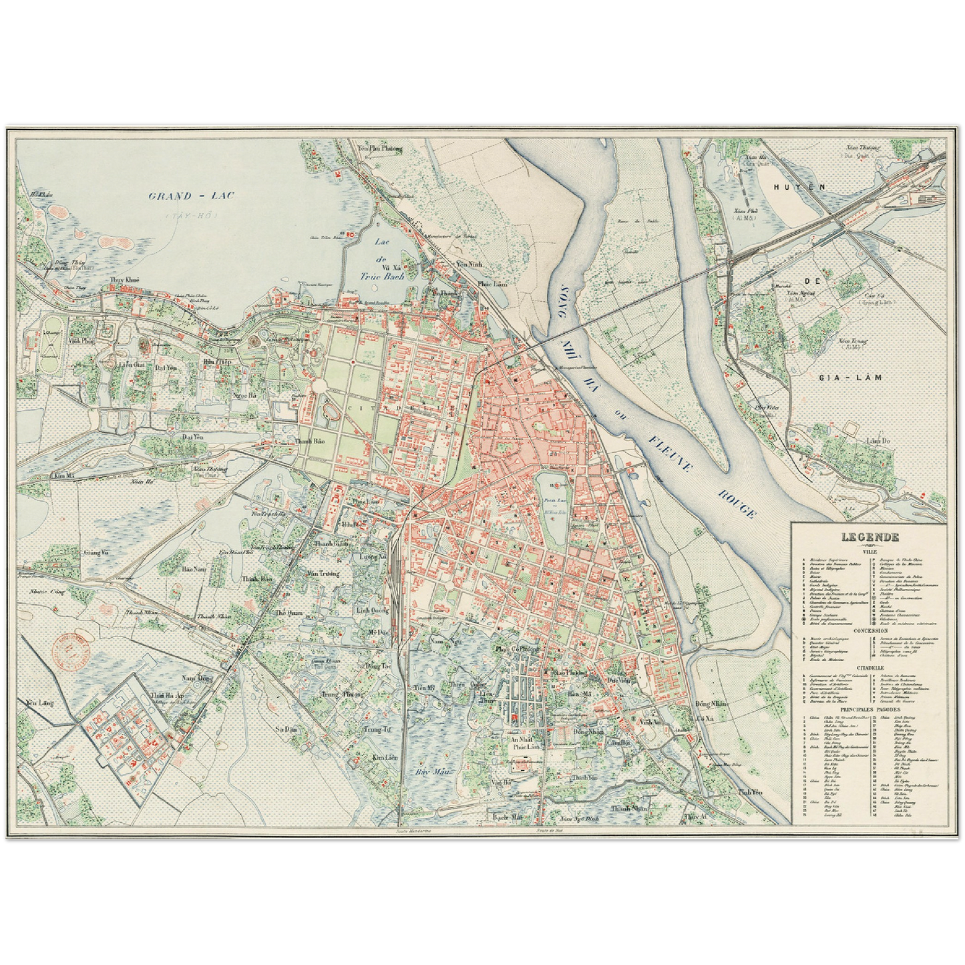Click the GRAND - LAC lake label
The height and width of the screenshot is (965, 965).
coord(187,196)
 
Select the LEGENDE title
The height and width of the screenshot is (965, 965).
coord(869,537)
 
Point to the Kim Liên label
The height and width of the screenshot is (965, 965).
coord(385,757)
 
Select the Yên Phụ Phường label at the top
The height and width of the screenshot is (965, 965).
coord(381,150)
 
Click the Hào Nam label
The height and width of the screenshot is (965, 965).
coord(195,570)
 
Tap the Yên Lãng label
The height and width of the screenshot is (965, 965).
coord(39,703)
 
